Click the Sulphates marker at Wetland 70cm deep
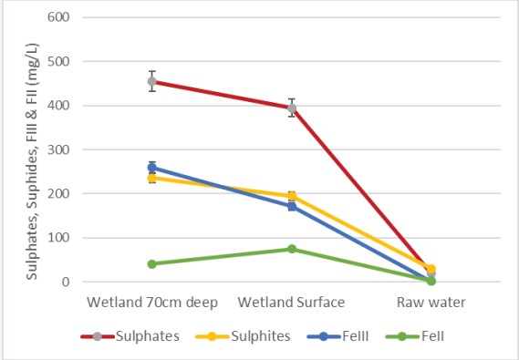click(x=152, y=81)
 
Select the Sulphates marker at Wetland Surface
click(x=292, y=108)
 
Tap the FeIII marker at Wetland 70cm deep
click(x=152, y=168)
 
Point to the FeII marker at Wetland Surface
click(x=292, y=249)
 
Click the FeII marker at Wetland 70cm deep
click(x=152, y=264)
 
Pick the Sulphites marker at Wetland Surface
click(x=292, y=196)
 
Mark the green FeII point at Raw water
click(x=431, y=281)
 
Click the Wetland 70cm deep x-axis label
click(x=152, y=302)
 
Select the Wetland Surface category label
click(x=292, y=302)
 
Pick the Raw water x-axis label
click(x=431, y=302)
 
